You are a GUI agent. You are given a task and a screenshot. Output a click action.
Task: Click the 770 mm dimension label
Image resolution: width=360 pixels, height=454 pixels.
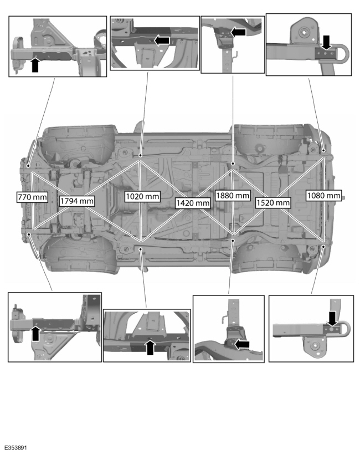click(x=30, y=196)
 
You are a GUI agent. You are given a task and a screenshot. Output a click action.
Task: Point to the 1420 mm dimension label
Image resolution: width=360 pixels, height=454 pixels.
click(x=193, y=203)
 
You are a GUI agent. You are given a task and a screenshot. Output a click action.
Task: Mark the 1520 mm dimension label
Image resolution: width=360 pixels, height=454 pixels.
click(x=273, y=203)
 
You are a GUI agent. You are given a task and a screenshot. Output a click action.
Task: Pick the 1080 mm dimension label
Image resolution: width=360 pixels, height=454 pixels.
click(x=323, y=196)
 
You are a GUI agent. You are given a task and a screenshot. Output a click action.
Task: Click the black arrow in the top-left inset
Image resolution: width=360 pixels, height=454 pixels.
click(x=35, y=65)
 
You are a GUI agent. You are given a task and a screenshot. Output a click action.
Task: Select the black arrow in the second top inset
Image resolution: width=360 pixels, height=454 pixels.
click(x=162, y=40)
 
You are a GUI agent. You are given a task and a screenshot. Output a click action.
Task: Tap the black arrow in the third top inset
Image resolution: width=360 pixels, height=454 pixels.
click(x=238, y=33)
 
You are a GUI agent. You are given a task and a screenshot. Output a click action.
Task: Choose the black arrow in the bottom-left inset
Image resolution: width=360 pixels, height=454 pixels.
click(x=35, y=333)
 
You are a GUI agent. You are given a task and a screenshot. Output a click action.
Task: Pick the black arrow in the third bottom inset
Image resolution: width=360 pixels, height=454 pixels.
click(x=241, y=344)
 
